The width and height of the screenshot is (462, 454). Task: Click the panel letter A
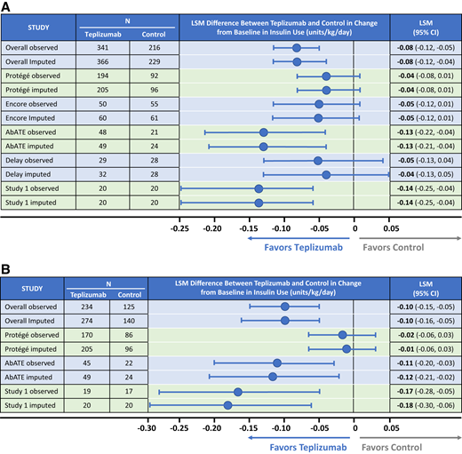tap(7, 6)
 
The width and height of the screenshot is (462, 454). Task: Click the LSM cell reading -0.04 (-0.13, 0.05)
tap(425, 174)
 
